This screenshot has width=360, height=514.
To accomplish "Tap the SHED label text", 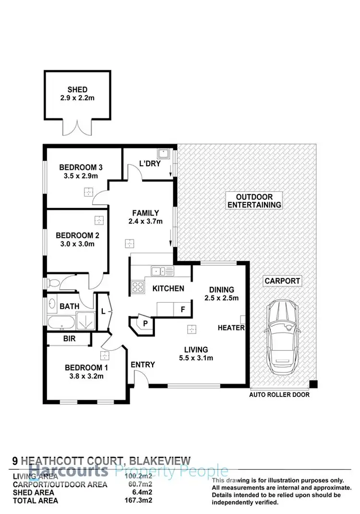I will pyautogui.click(x=77, y=89).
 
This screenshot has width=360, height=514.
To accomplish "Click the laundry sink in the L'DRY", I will pyautogui.click(x=164, y=154).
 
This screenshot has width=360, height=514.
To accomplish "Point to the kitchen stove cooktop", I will pyautogui.click(x=137, y=287).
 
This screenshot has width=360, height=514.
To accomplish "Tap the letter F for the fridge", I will pyautogui.click(x=182, y=310).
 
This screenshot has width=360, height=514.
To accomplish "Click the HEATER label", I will pyautogui.click(x=231, y=328).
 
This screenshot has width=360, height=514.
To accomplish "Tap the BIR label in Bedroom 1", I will pyautogui.click(x=69, y=339).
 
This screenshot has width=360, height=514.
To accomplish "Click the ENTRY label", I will pyautogui.click(x=143, y=365).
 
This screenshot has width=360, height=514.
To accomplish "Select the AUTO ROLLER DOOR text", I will pyautogui.click(x=279, y=395).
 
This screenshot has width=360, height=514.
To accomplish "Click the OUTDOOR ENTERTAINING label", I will pyautogui.click(x=254, y=201).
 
